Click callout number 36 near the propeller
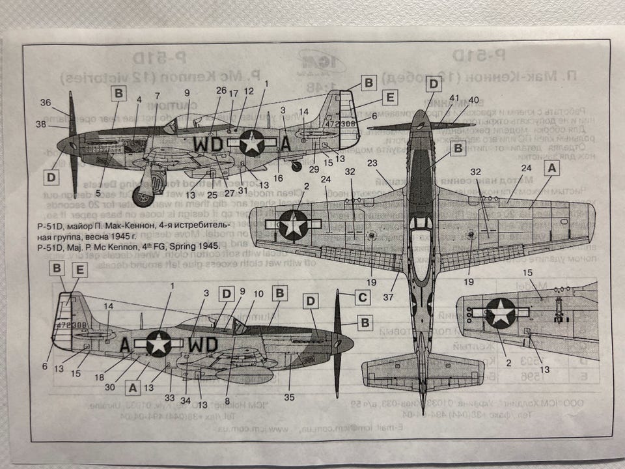coord(45,102)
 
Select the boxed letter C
coord(363,298)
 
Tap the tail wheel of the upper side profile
coord(297,165)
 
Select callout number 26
coord(221,91)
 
